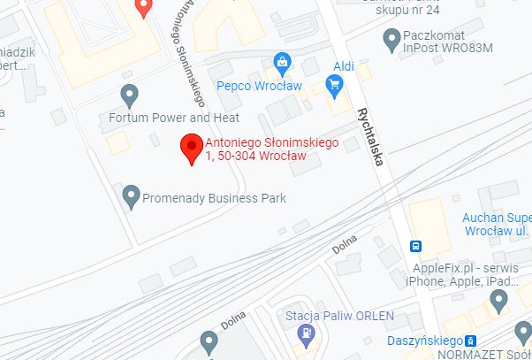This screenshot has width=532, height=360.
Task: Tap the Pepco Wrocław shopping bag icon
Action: tap(282, 62)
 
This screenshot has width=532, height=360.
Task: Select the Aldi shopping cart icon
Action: tap(334, 85)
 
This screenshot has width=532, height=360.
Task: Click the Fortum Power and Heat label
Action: tap(173, 117)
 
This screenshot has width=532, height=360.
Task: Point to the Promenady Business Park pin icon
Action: tap(131, 193)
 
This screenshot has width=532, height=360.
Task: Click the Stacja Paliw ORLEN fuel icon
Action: tap(307, 334)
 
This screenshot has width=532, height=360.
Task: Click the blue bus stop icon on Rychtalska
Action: tap(415, 246)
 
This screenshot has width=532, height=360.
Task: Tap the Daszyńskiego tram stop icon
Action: tap(470, 341)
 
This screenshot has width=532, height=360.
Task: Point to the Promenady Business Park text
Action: tap(215, 198)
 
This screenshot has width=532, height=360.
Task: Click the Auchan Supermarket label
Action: tap(497, 223)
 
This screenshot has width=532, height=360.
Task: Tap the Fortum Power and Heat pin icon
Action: tap(131, 93)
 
